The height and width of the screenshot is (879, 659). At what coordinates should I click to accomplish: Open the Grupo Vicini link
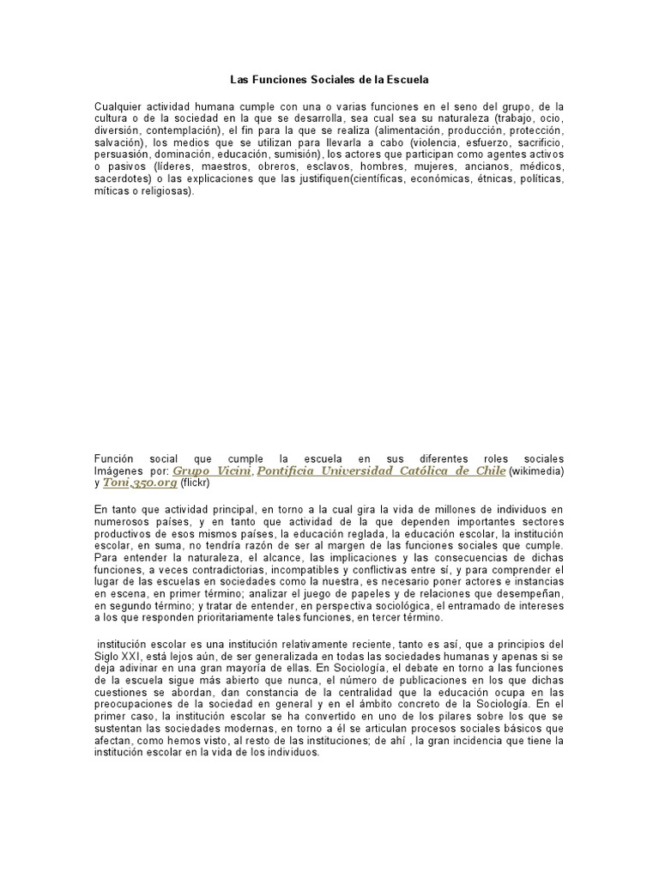211,470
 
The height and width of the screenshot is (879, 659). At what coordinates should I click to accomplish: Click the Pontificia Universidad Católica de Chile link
380,470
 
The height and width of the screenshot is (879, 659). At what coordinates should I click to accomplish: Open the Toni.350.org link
140,483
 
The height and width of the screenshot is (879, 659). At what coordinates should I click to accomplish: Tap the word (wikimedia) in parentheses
537,471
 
